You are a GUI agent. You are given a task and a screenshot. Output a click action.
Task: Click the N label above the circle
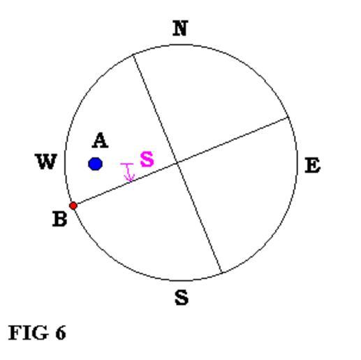(180, 29)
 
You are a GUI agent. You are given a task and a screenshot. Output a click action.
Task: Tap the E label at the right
(313, 165)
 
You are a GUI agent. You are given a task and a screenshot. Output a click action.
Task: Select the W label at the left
(46, 161)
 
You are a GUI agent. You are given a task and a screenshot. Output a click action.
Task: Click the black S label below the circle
(182, 297)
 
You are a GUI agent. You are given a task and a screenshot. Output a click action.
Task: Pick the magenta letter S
(147, 159)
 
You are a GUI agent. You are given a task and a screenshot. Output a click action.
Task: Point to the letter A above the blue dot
(100, 141)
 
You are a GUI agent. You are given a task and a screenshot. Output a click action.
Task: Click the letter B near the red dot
(60, 219)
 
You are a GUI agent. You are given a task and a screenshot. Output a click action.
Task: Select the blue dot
(95, 164)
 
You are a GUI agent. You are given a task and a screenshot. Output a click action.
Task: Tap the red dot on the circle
(73, 206)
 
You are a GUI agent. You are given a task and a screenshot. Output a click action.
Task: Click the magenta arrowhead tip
(131, 181)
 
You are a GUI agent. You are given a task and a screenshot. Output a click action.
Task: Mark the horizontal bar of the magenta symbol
(127, 164)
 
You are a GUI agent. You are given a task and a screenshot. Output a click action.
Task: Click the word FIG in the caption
(29, 333)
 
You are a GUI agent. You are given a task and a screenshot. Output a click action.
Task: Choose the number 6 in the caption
(61, 333)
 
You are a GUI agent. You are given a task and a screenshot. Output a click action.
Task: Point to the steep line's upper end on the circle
(133, 55)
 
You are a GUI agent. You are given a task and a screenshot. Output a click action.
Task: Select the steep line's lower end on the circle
(221, 272)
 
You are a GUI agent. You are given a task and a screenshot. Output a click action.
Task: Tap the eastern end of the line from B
(288, 117)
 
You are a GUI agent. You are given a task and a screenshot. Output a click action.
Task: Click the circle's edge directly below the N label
(180, 45)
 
